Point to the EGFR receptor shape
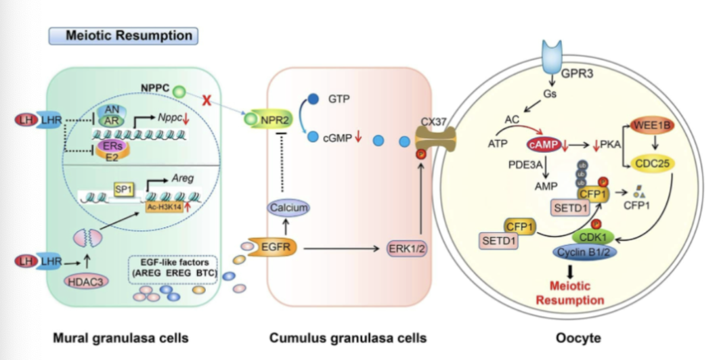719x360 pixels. tap(274, 248)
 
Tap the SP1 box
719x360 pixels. tap(124, 192)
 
